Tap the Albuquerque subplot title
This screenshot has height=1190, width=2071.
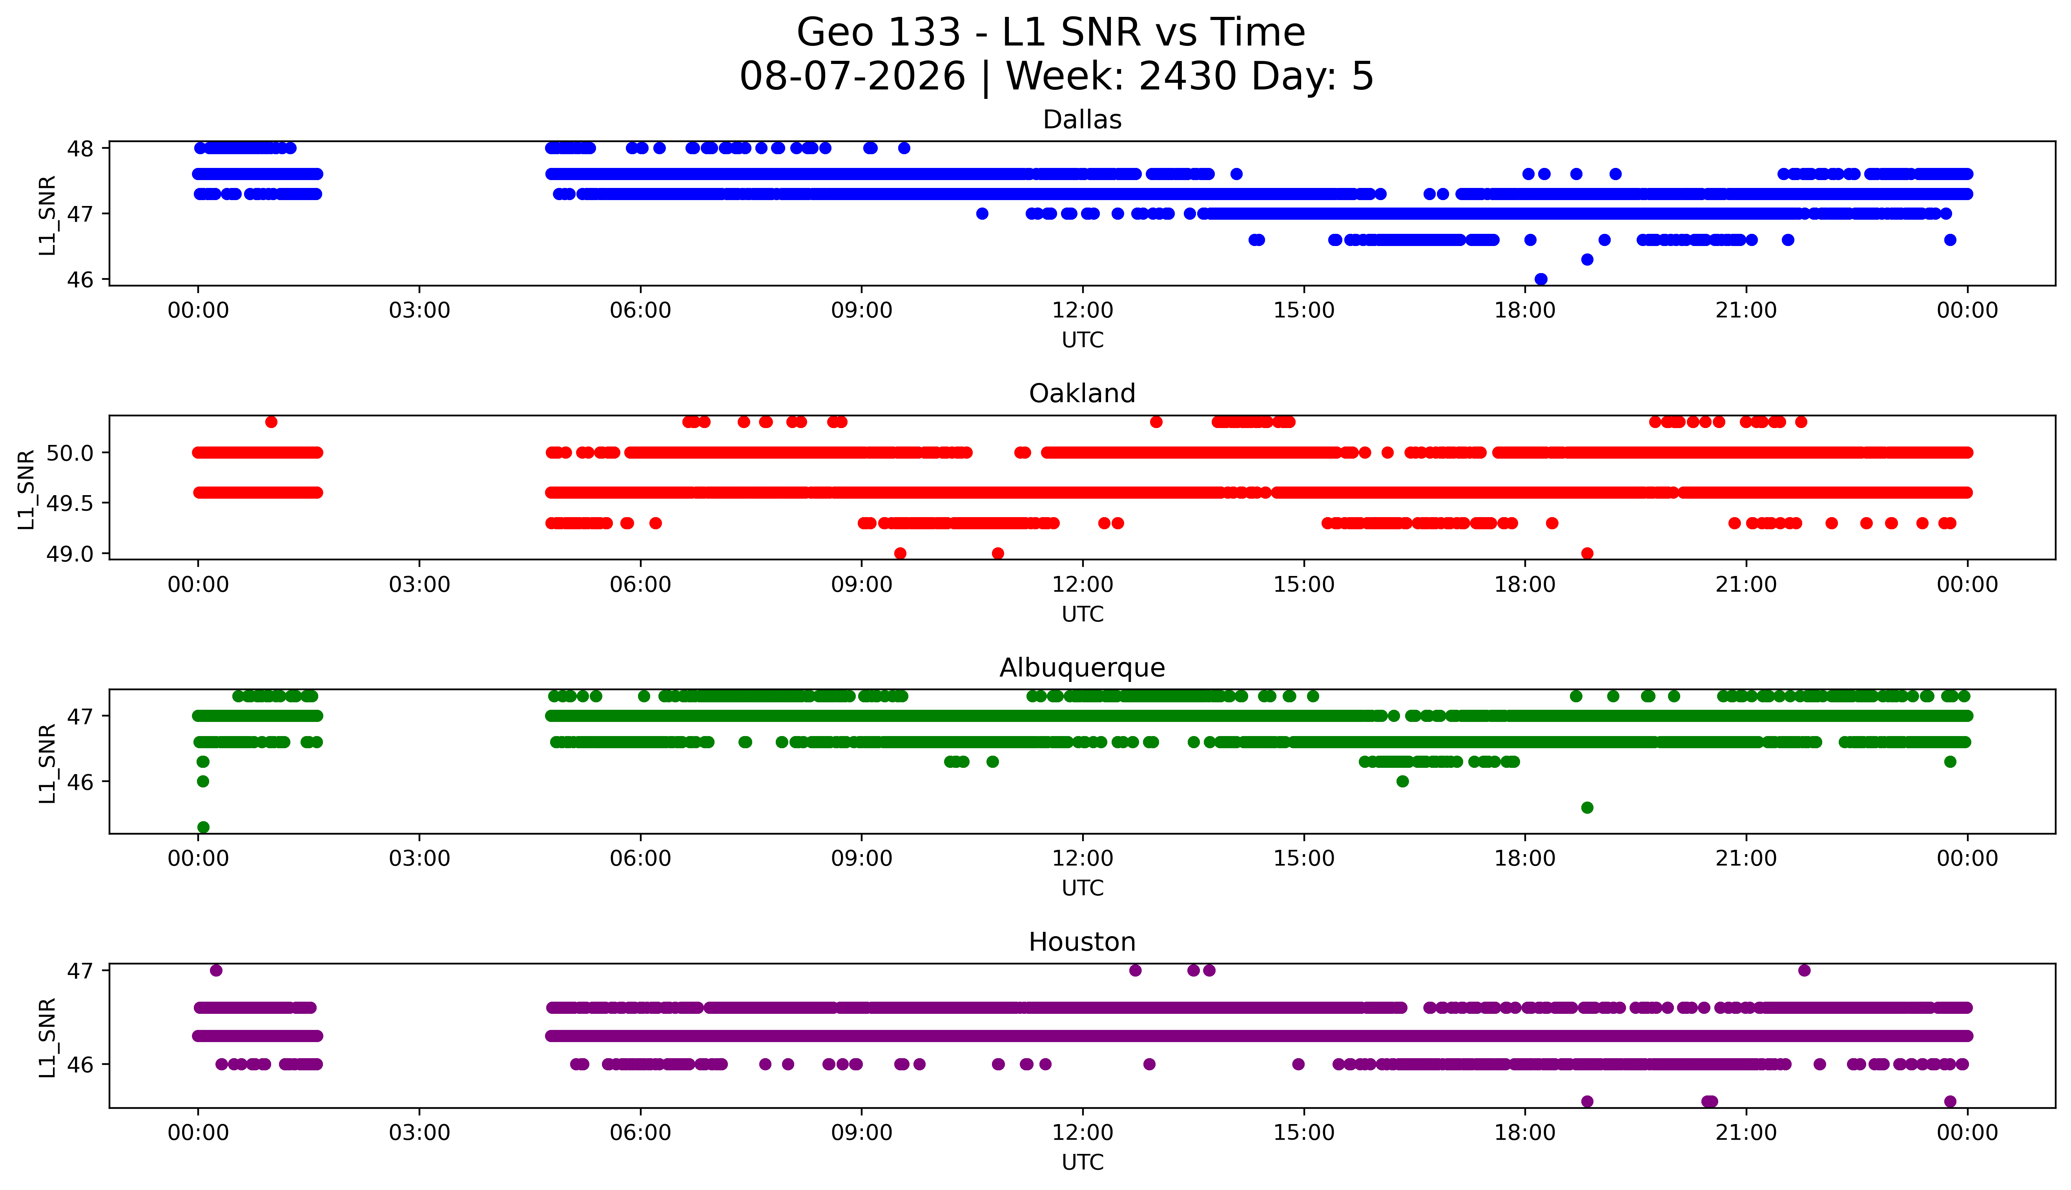pos(1082,668)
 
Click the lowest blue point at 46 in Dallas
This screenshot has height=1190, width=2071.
pos(1540,279)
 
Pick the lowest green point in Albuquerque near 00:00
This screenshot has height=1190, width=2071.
pos(204,827)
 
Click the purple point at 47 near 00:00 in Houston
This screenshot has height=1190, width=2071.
pos(216,970)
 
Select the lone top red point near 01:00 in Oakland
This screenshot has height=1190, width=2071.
pos(272,422)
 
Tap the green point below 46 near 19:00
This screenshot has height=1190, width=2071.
pos(1587,807)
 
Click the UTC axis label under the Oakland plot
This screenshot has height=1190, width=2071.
pos(1082,614)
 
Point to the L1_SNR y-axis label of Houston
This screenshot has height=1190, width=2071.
pos(47,1036)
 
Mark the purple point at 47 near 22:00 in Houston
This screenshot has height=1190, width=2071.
pos(1805,970)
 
